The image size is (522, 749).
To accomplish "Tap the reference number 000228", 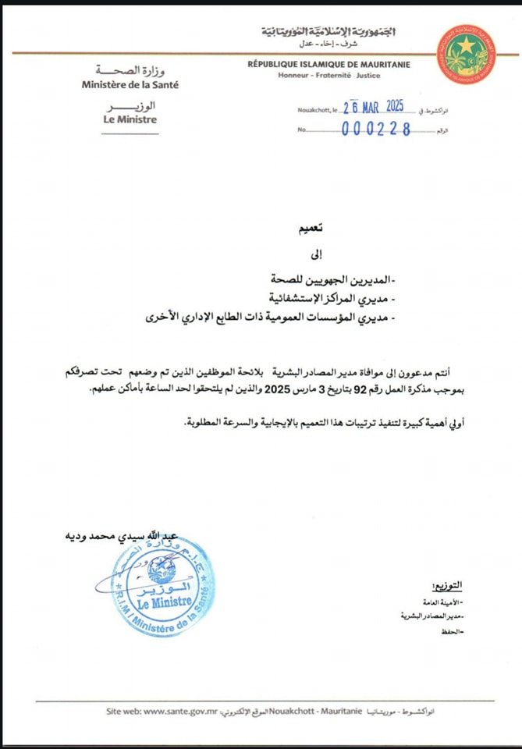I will [377, 130].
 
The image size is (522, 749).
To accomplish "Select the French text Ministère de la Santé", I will [130, 83].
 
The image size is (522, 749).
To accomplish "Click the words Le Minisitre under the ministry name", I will [130, 119].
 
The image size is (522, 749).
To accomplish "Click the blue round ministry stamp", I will [162, 583].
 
